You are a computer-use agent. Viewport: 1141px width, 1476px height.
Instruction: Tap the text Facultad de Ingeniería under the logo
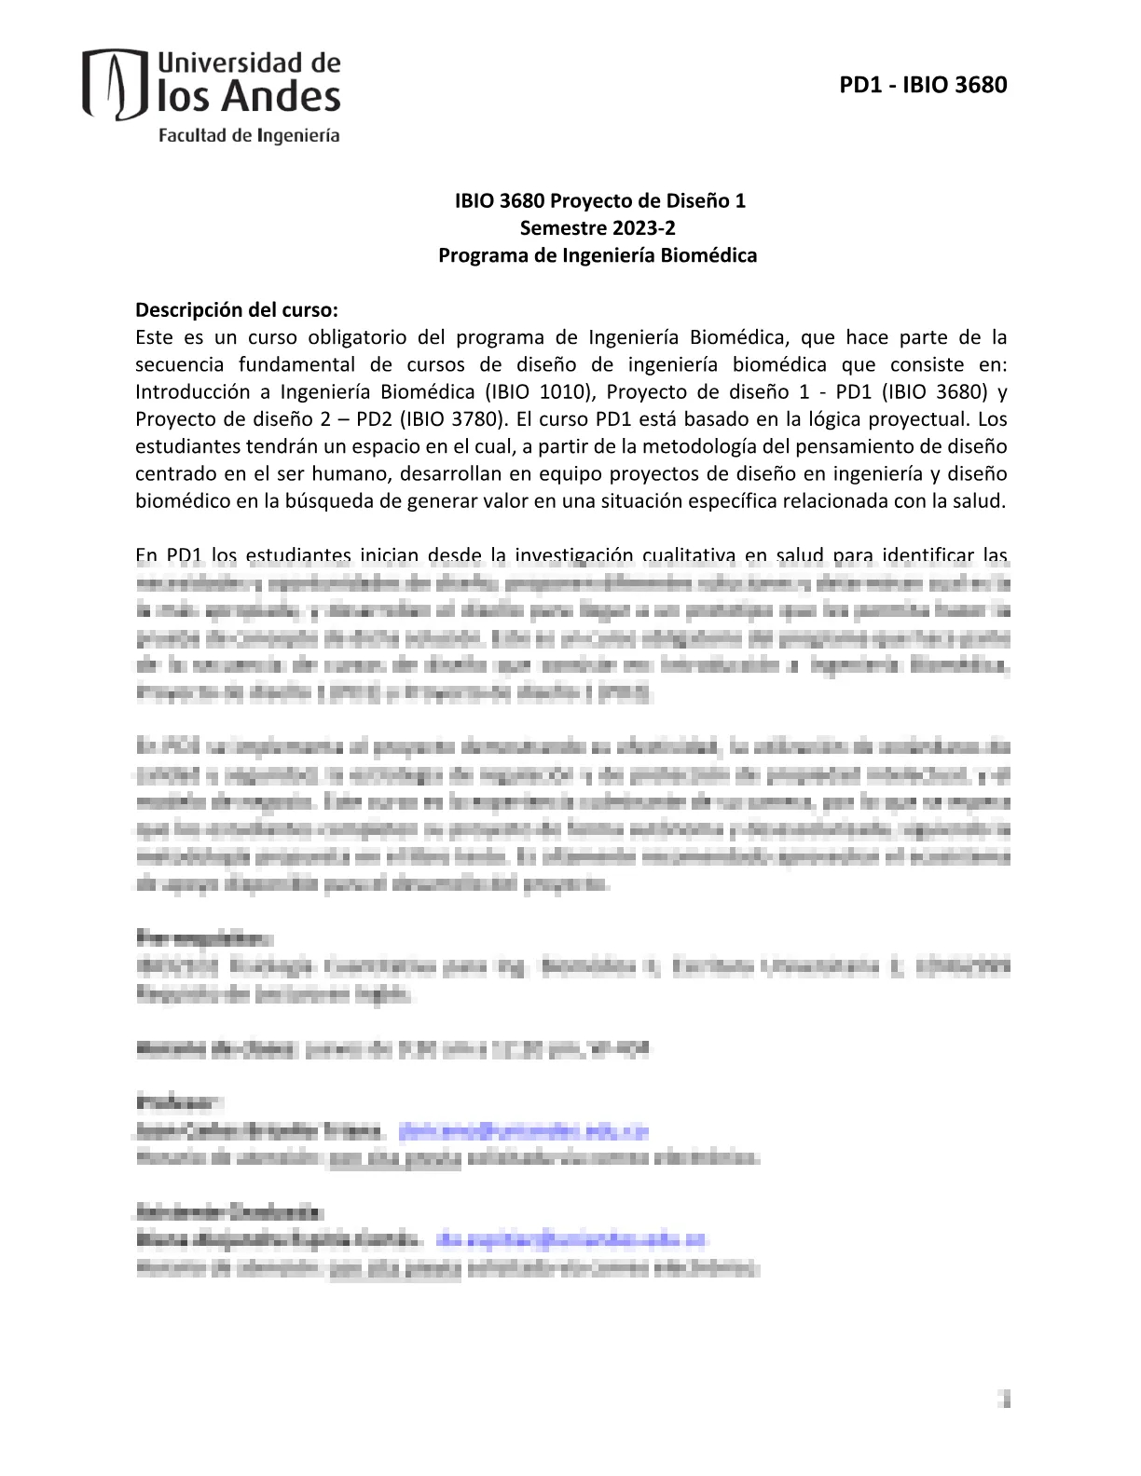click(x=249, y=135)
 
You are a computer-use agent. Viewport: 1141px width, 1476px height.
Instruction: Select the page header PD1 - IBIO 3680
click(x=923, y=85)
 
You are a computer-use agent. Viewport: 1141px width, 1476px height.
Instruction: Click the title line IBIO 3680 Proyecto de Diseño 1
click(x=599, y=200)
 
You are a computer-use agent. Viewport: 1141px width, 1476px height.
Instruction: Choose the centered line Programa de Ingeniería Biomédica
click(x=598, y=255)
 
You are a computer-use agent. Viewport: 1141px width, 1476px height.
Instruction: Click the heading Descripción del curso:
click(x=237, y=309)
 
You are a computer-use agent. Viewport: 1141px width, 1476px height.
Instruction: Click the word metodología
click(x=704, y=446)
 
